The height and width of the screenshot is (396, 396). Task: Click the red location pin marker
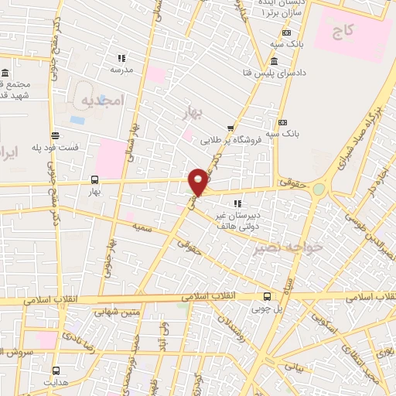coord(199,182)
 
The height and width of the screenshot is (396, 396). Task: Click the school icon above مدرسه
coord(121,58)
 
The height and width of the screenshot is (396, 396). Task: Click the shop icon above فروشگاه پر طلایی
coord(230,128)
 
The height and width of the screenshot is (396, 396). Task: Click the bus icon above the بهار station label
coord(94,178)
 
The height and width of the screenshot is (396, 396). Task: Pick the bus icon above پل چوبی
coord(267,295)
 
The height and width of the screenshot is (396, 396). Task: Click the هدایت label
coord(55,382)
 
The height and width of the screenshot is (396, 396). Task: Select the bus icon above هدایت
coord(55,370)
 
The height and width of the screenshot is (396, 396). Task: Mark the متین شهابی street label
coord(116,313)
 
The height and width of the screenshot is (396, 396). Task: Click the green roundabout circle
coord(318,189)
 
